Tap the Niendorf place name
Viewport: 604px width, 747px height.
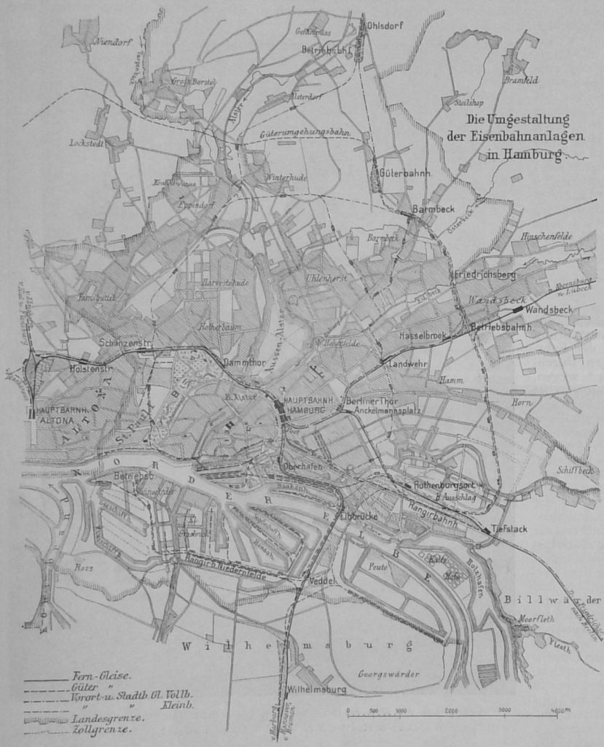click(111, 42)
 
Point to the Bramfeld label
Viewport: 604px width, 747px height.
click(521, 80)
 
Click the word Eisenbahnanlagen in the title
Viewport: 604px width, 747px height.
click(508, 136)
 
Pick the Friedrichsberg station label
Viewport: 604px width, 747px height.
click(485, 274)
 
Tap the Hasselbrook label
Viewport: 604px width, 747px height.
click(422, 336)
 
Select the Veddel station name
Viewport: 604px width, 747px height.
click(322, 581)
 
